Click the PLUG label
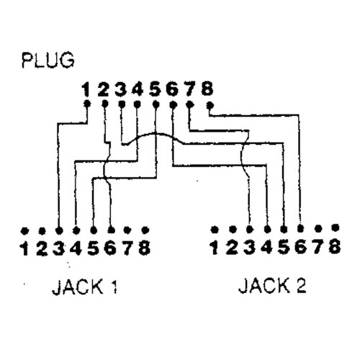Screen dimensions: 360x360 [48, 60]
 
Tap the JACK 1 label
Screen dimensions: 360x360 [85, 287]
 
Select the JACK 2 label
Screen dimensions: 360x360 [272, 286]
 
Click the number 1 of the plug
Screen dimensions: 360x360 [86, 89]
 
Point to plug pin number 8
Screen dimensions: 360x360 [207, 89]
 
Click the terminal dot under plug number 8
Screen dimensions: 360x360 [210, 105]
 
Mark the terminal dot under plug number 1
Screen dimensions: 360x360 [88, 104]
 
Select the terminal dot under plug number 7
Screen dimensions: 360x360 [190, 104]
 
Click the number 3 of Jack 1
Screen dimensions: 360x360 [58, 248]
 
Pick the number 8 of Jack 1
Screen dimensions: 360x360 [145, 248]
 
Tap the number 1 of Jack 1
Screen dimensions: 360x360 [24, 248]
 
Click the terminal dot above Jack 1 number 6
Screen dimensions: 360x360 [111, 230]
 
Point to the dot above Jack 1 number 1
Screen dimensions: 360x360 [24, 231]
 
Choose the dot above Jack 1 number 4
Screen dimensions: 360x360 [76, 230]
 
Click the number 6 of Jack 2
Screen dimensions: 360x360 [300, 247]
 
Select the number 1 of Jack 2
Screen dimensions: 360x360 [215, 247]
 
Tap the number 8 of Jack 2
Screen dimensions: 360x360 [335, 247]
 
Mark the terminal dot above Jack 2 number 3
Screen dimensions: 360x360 [250, 229]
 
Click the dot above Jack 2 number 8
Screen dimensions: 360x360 [336, 228]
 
